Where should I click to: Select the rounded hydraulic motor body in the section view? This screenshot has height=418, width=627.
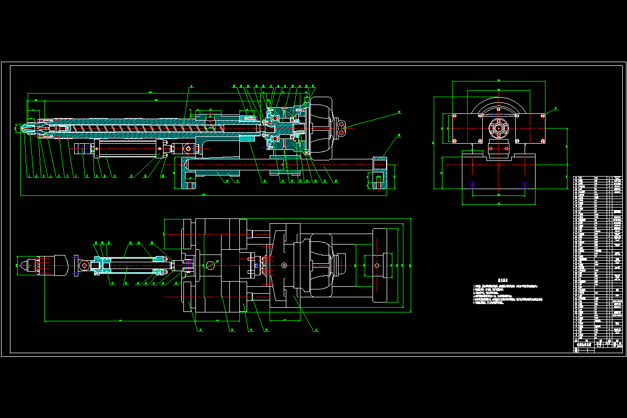[x=322, y=127]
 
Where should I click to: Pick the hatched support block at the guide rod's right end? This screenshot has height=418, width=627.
[x=379, y=174]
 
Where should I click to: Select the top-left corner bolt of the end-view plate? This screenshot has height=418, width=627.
[x=455, y=115]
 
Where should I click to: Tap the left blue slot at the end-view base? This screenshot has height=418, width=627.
[x=473, y=185]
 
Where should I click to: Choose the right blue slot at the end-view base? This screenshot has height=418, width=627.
[x=525, y=185]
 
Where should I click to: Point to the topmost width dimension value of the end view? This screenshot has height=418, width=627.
[x=498, y=80]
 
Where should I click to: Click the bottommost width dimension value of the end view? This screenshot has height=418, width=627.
[x=498, y=203]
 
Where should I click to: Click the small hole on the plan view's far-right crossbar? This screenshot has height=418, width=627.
[x=377, y=265]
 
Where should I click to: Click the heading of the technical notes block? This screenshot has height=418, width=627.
[x=503, y=280]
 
